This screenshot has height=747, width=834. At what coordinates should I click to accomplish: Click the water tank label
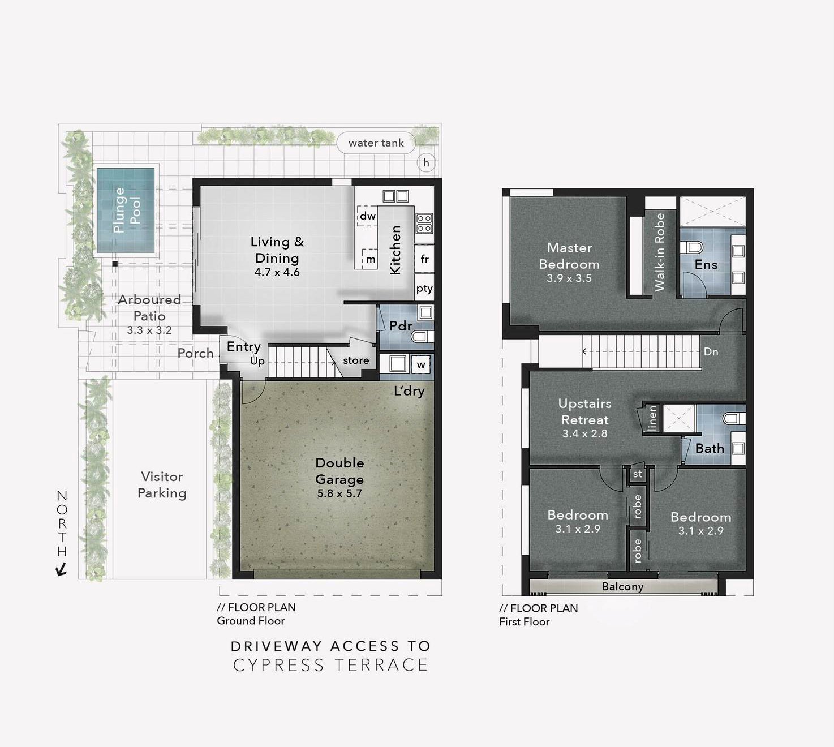[x=376, y=143]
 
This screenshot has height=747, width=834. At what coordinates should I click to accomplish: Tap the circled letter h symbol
[x=426, y=163]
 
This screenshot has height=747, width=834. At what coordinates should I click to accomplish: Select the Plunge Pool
[x=126, y=210]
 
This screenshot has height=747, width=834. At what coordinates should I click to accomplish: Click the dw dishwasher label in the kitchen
[x=367, y=216]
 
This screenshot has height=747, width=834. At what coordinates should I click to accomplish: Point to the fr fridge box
[x=424, y=259]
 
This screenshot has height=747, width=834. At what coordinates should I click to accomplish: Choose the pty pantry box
[x=424, y=289]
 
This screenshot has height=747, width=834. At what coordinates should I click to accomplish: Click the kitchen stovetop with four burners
[x=424, y=224]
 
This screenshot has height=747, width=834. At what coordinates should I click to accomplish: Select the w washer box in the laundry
[x=421, y=365]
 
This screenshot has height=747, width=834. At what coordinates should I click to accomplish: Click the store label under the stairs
[x=356, y=360]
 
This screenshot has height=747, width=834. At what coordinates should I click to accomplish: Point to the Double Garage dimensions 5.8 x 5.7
[x=339, y=493]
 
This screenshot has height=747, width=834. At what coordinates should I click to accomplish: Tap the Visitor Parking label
[x=162, y=485]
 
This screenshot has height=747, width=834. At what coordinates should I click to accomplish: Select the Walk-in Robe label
[x=660, y=252]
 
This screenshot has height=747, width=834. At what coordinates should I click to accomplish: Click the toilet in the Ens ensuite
[x=694, y=247]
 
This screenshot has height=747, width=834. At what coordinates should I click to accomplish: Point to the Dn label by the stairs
[x=711, y=352]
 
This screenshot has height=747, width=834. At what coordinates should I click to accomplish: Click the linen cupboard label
[x=652, y=419]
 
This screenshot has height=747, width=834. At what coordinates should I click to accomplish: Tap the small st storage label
[x=638, y=474]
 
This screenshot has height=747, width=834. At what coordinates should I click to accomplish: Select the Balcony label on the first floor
[x=622, y=587]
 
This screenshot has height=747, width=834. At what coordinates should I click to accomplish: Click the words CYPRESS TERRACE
[x=330, y=665]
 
